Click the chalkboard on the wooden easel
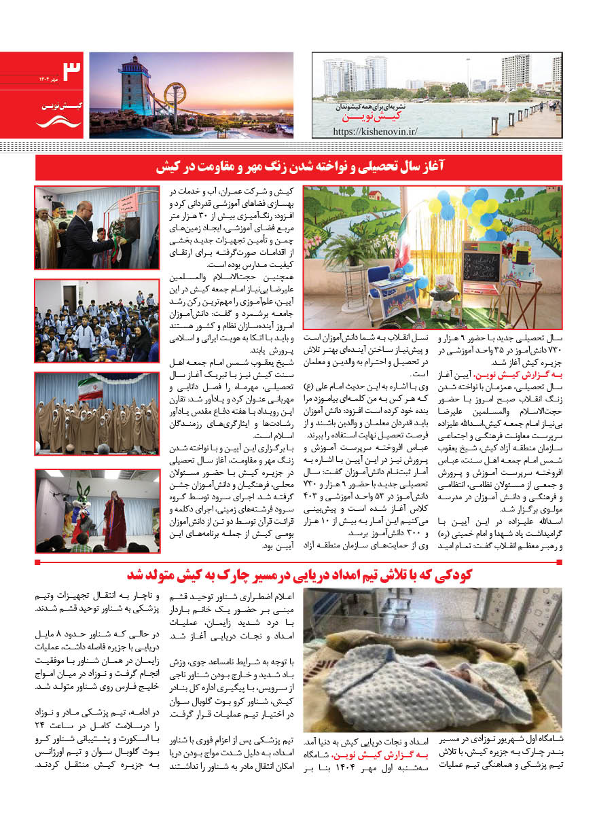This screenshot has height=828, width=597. pyautogui.click(x=481, y=265)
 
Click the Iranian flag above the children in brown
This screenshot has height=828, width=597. pyautogui.click(x=90, y=389)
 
